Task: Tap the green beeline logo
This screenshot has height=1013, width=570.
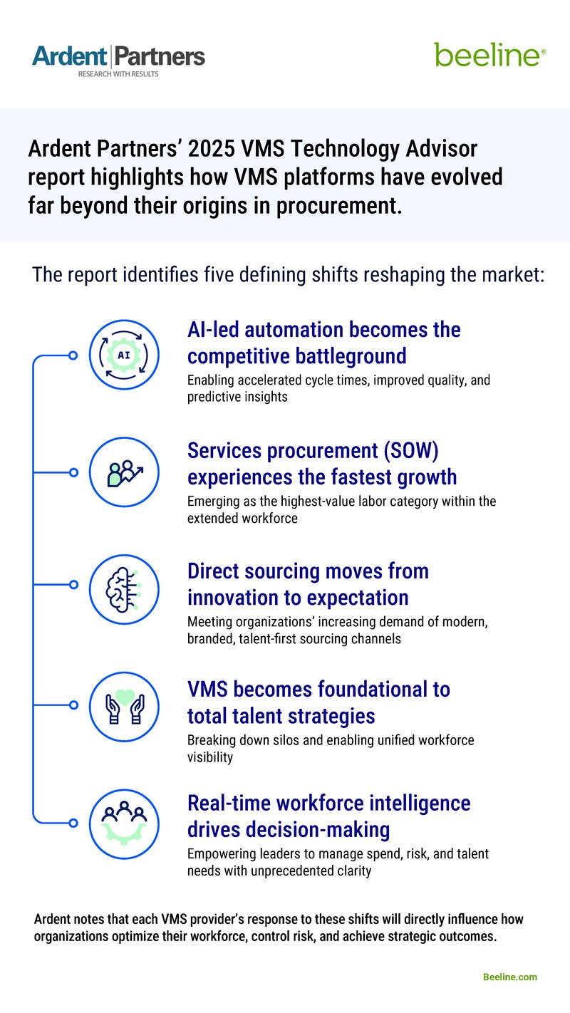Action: pos(490,54)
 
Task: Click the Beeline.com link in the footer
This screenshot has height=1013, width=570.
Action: pos(510,977)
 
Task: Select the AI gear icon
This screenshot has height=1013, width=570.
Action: pos(123,355)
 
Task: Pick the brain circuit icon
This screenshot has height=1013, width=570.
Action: pos(123,589)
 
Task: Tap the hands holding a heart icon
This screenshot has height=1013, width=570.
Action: pos(123,705)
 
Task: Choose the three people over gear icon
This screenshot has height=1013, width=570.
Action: pos(123,823)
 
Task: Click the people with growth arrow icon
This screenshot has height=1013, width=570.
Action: pos(123,472)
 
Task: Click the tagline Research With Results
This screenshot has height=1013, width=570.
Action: pos(118,73)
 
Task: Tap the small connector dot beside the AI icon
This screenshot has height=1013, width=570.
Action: pos(73,355)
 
